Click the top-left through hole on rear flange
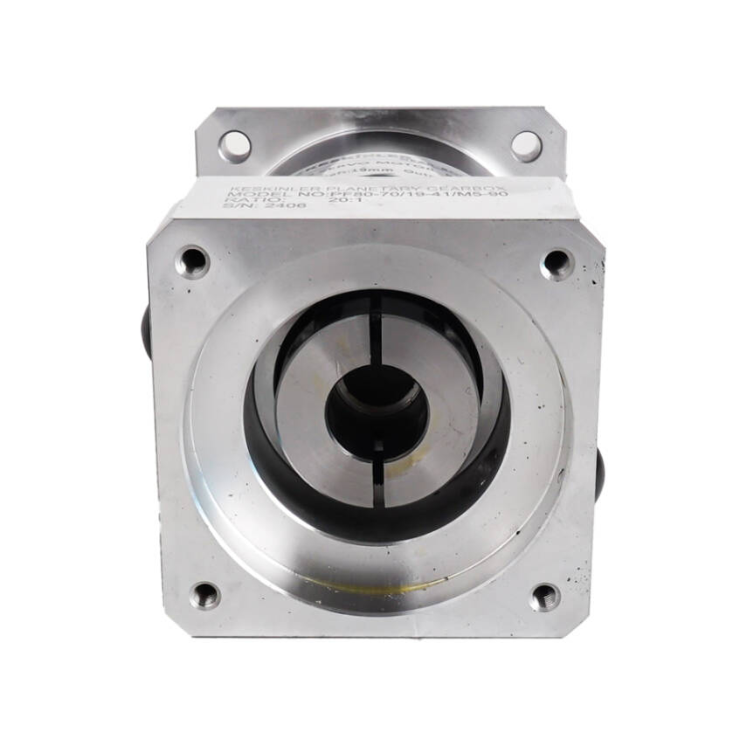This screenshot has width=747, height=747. click(x=234, y=145)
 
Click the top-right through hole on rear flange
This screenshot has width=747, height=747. click(x=526, y=145)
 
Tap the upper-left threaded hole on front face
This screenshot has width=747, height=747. click(x=192, y=260)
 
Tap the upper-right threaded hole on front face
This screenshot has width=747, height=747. click(x=557, y=263)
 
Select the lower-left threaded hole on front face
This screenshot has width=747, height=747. click(x=205, y=596)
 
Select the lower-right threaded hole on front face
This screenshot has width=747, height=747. click(x=545, y=597)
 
